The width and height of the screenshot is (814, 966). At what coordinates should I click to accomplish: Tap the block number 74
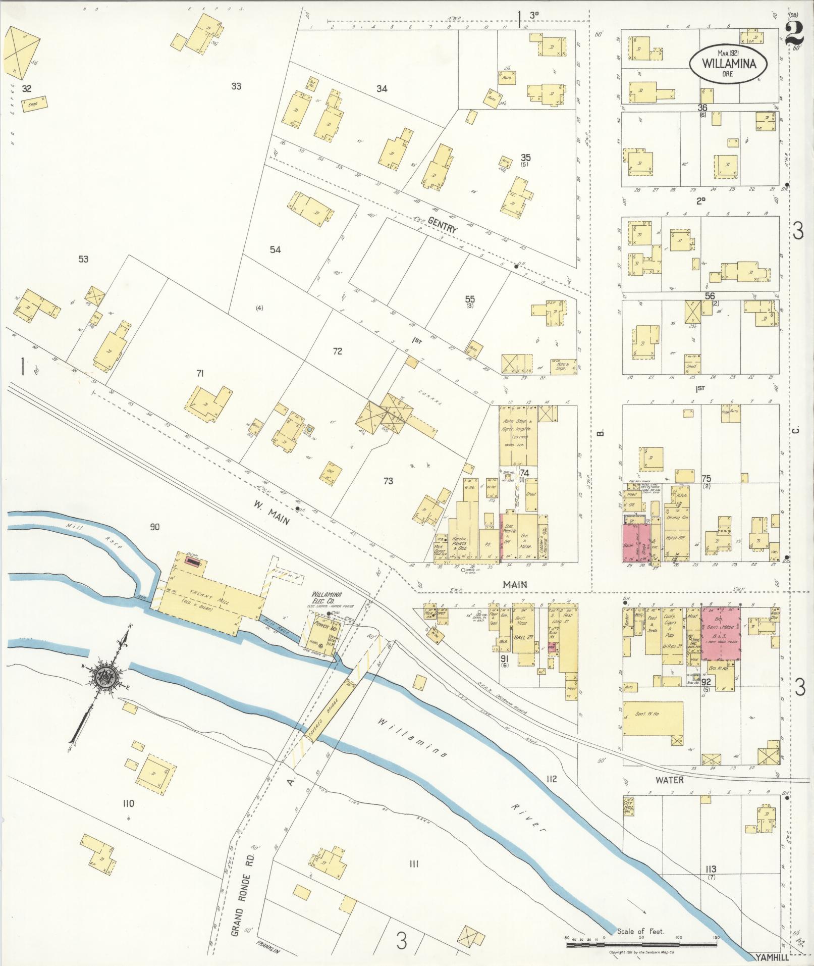(525, 473)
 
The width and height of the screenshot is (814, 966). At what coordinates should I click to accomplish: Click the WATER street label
(669, 780)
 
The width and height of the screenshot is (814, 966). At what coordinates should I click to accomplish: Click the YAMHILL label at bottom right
(770, 956)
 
